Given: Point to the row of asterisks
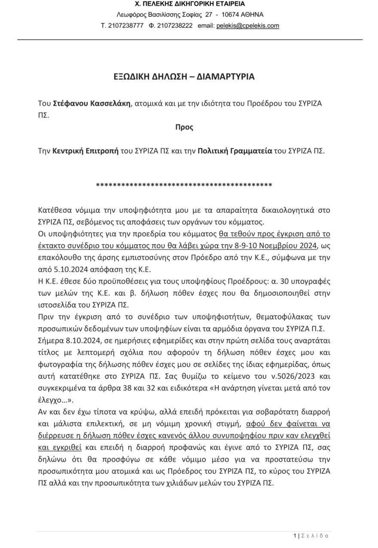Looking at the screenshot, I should (x=184, y=186).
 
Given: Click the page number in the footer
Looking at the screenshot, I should (x=295, y=536).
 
